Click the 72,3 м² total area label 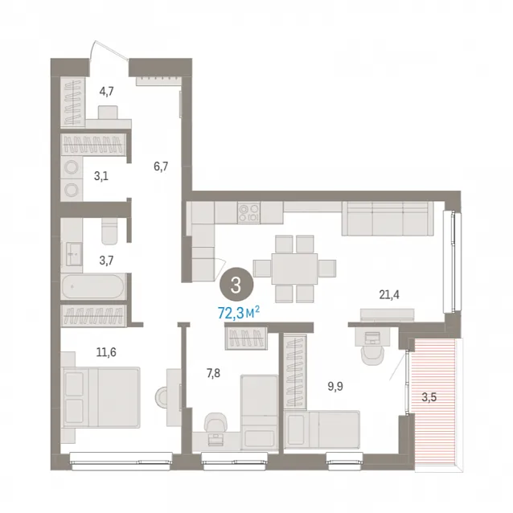239,313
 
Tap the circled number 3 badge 236,285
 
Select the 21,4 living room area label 389,295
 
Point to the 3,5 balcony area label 429,397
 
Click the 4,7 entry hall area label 107,92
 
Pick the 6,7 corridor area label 161,166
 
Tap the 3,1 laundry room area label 101,176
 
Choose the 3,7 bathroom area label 107,261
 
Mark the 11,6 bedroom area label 106,352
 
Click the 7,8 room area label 213,373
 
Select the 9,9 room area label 335,387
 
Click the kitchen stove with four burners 249,212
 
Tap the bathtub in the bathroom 93,286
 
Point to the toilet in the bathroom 109,230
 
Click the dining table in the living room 294,269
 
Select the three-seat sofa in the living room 388,218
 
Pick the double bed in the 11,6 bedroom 102,397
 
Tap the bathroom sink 74,254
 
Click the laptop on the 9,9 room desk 372,338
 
